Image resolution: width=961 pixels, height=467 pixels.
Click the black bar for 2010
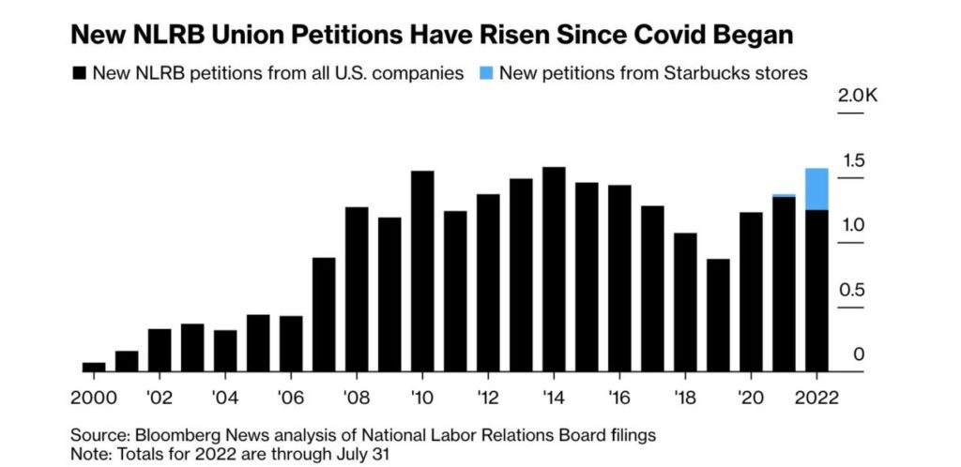(422, 271)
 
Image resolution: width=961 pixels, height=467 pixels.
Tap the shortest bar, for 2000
(94, 367)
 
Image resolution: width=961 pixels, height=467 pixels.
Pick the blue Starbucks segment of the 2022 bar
(816, 188)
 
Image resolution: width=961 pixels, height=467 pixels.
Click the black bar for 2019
(718, 315)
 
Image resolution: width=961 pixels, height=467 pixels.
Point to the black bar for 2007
(324, 314)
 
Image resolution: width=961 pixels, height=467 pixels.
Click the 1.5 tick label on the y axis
(852, 160)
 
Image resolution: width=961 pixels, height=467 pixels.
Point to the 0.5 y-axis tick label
(852, 290)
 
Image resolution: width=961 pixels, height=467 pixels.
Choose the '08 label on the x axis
(356, 397)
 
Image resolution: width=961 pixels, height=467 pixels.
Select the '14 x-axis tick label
(553, 397)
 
